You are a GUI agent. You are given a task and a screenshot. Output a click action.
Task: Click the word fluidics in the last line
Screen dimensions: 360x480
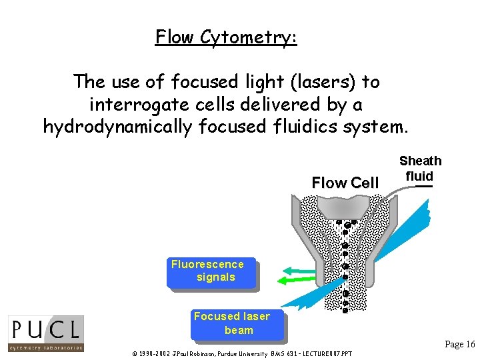pos(289,126)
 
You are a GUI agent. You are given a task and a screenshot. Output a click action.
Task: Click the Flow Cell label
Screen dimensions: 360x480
pos(345,183)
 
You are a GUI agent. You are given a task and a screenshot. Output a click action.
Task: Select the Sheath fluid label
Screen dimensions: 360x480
pos(420,168)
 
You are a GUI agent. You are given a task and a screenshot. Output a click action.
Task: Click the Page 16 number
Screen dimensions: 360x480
pos(459,344)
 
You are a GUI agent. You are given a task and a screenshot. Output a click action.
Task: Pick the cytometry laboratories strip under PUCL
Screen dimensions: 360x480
pos(46,347)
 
